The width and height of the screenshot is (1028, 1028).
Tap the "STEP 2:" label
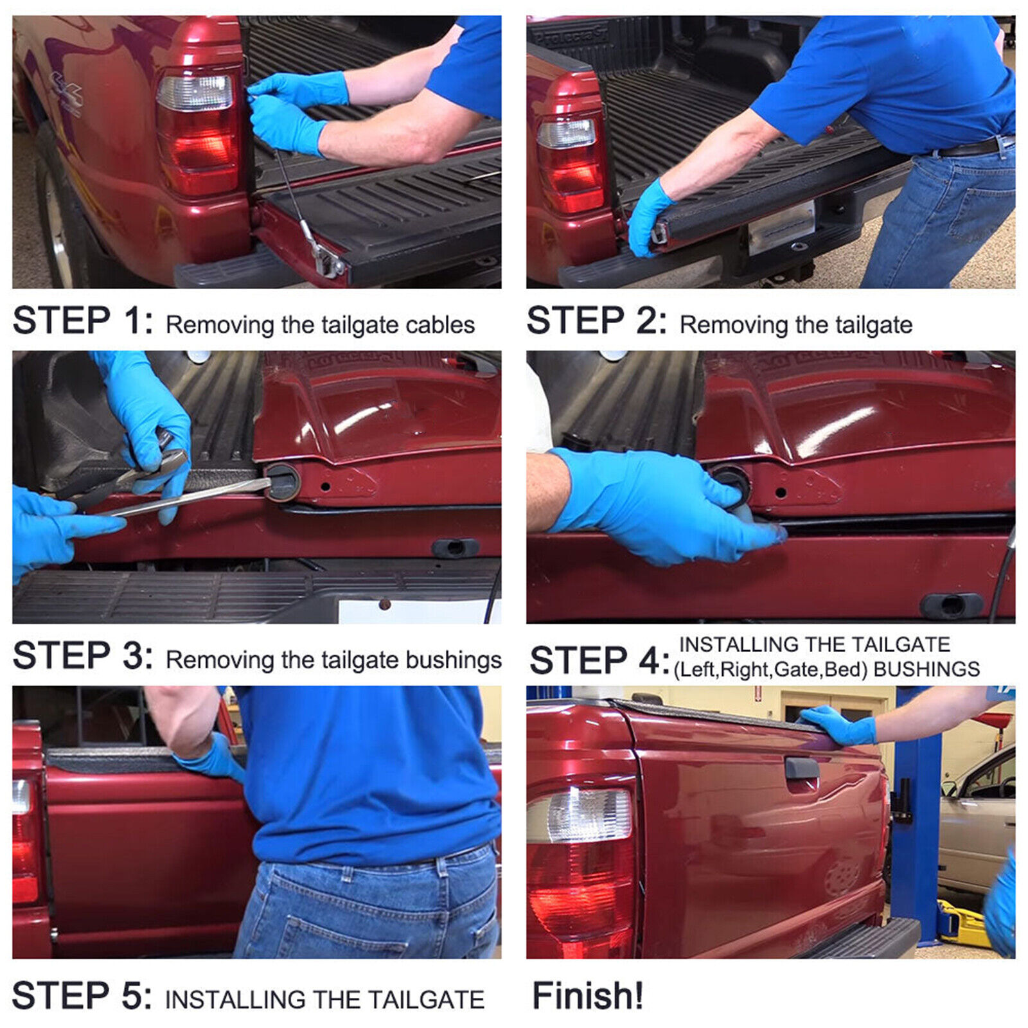tap(597, 321)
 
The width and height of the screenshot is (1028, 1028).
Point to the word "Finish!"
tap(587, 996)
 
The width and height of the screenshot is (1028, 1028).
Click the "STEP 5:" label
tap(82, 996)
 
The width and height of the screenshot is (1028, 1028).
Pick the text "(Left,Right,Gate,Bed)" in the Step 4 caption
tap(770, 669)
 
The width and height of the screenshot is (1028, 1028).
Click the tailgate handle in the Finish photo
tap(801, 767)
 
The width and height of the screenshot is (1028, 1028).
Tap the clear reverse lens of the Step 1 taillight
tap(195, 93)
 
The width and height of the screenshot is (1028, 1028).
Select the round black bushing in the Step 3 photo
tap(283, 482)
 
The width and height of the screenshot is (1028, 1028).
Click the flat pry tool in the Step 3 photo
tap(186, 497)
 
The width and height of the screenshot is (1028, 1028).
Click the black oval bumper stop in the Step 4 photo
tap(951, 605)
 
